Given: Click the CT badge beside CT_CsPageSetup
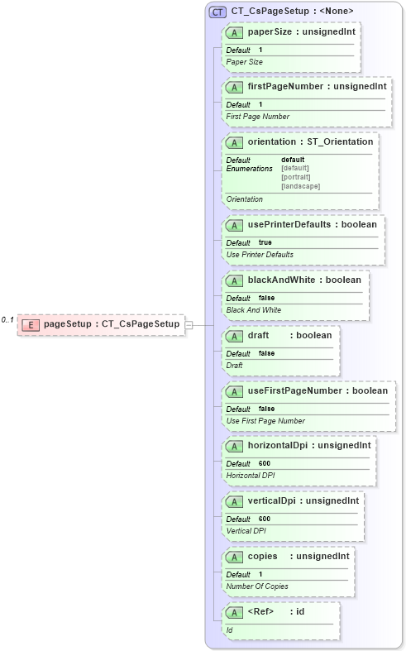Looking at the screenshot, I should pos(218,12).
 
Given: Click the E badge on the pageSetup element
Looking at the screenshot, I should pos(30,324).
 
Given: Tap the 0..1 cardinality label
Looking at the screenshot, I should pos(7,320).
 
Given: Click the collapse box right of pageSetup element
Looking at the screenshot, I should pos(189,324).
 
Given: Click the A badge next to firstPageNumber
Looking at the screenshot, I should pos(234,87).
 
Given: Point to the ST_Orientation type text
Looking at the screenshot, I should pos(340,141).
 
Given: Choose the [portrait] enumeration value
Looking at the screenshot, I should pos(296,177).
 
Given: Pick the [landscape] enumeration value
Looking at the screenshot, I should pos(300,186).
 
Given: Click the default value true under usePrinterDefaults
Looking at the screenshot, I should pos(265,242).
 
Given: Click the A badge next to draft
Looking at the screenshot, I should pos(234,335).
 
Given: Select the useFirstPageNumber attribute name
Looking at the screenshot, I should pos(294,390).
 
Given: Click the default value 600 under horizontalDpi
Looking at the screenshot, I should pos(265,463).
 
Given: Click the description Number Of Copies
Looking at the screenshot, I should pos(257,586).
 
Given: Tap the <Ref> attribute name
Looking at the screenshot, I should pos(260,611).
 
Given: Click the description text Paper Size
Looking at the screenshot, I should pos(245,62).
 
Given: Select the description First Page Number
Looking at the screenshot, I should pos(258,117).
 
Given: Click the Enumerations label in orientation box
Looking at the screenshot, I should pos(250,169).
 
